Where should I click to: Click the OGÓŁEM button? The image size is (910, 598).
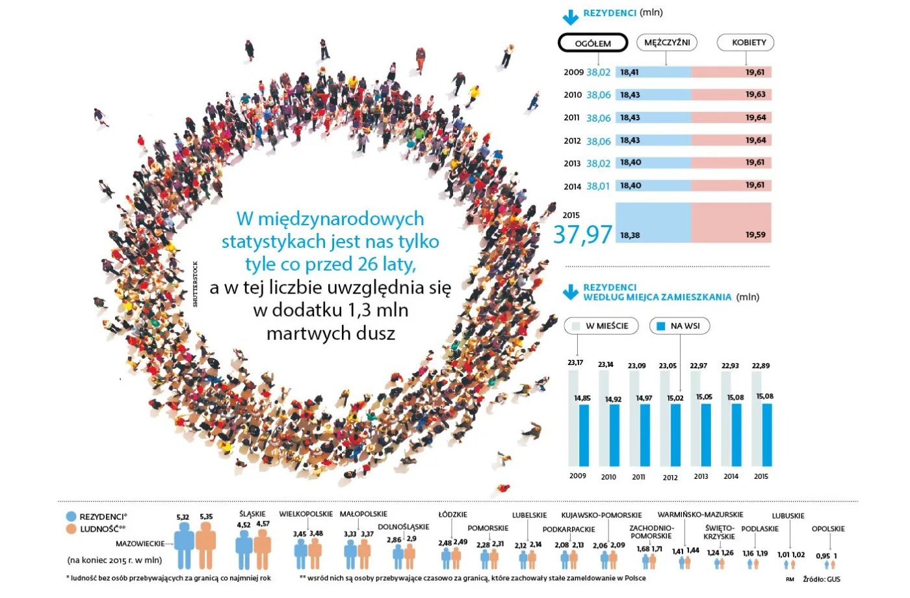click(x=593, y=43)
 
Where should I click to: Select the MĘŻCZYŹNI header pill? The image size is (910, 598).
click(x=666, y=42)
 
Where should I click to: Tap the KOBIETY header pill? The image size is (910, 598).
click(x=746, y=42)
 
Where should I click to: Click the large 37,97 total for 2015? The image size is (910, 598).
click(x=582, y=234)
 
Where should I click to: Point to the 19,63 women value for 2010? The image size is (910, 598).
click(x=755, y=94)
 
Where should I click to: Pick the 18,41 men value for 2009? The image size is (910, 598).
click(x=629, y=72)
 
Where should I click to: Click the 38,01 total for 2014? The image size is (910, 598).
click(x=598, y=186)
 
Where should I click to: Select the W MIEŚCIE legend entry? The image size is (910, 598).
click(x=601, y=325)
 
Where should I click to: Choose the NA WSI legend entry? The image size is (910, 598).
click(x=679, y=325)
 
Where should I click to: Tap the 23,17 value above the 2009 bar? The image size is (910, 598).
click(x=575, y=362)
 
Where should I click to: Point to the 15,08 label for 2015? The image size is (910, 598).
click(x=765, y=396)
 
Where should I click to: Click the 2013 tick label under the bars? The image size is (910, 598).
click(x=701, y=476)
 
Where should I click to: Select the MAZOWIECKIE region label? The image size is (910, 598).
click(x=140, y=543)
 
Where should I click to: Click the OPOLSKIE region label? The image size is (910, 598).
click(x=828, y=528)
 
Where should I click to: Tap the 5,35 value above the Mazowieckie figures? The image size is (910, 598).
click(x=206, y=517)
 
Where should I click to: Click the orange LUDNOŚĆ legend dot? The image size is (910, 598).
click(x=71, y=529)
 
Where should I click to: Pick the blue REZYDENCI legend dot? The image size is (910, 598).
click(x=71, y=517)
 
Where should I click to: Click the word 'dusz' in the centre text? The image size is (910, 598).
click(x=375, y=333)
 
